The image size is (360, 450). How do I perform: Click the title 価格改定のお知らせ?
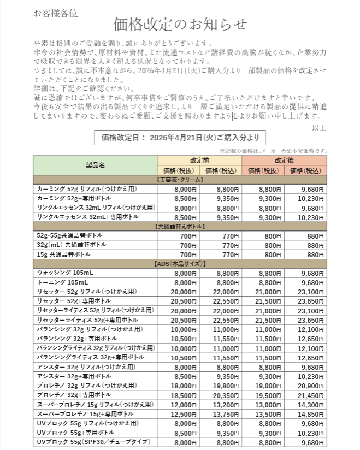pyautogui.click(x=180, y=25)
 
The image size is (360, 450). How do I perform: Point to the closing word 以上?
pyautogui.click(x=319, y=128)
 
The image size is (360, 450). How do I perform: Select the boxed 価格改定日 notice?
pyautogui.click(x=180, y=138)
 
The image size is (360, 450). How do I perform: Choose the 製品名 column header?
pyautogui.click(x=95, y=164)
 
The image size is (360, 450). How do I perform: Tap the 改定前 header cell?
pyautogui.click(x=199, y=161)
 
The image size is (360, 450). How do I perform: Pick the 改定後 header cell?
pyautogui.click(x=284, y=161)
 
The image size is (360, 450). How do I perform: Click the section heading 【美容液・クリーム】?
pyautogui.click(x=180, y=179)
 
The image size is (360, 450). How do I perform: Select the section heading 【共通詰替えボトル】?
pyautogui.click(x=180, y=226)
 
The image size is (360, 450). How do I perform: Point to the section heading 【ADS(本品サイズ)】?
pyautogui.click(x=180, y=263)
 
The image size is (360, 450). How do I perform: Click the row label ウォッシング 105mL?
pyautogui.click(x=65, y=273)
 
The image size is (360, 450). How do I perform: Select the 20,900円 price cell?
pyautogui.click(x=306, y=386)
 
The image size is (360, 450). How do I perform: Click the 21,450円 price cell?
pyautogui.click(x=306, y=395)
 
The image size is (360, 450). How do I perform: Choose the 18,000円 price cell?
pyautogui.click(x=178, y=386)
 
